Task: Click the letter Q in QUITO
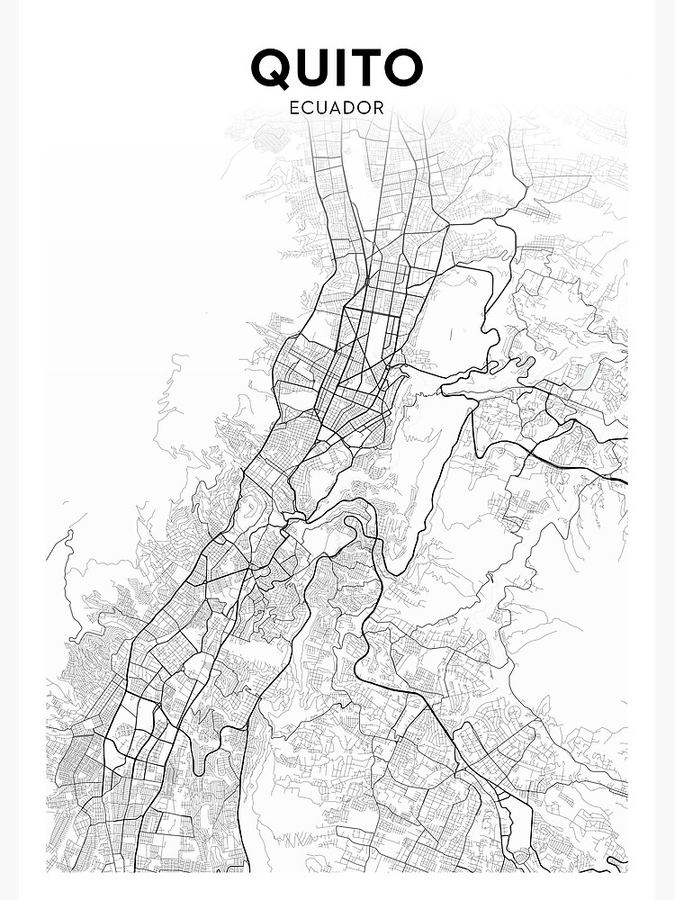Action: click(273, 68)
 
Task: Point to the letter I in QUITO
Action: click(346, 68)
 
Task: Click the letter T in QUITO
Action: click(370, 68)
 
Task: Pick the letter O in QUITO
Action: click(404, 68)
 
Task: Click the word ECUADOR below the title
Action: click(337, 107)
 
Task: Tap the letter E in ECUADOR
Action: click(294, 107)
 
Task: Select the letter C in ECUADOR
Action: click(308, 107)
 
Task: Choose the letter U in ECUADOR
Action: click(322, 107)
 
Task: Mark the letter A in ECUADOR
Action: click(337, 107)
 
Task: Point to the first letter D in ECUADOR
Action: click(351, 107)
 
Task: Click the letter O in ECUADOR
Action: click(365, 107)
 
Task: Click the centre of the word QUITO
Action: click(337, 68)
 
